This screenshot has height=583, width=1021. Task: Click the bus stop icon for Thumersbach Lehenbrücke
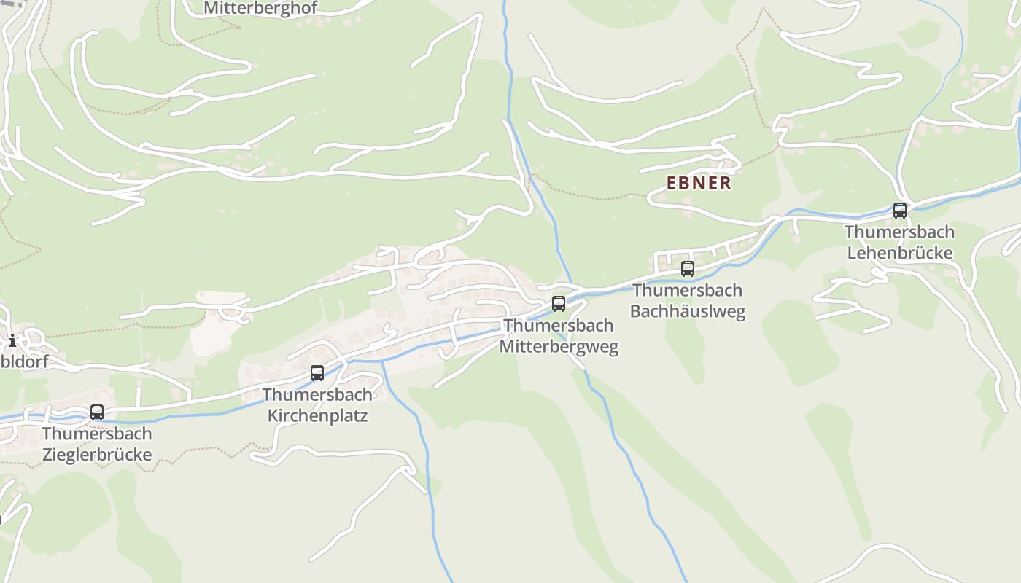coord(900,211)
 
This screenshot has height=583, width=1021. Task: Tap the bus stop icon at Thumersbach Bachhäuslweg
coord(688,269)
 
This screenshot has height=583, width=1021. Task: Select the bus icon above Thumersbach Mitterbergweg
coord(559,304)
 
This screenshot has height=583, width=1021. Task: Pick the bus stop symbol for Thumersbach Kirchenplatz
coord(317,373)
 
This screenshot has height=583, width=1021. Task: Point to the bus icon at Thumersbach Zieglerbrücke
coord(97,412)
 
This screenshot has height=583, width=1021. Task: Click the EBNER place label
coord(699,183)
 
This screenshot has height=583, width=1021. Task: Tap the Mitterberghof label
coord(260,8)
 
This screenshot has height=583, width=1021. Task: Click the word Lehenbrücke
coord(898,253)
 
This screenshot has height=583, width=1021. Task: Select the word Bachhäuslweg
coord(688,311)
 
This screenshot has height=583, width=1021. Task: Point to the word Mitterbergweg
coord(559,346)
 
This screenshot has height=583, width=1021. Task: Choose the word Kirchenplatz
coord(317,415)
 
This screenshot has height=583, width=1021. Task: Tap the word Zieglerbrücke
coord(97,455)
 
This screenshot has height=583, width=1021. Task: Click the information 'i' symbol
coord(12,340)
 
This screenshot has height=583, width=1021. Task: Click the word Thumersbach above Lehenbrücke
coord(898,232)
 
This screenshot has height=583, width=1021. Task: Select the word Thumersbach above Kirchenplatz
coord(317,394)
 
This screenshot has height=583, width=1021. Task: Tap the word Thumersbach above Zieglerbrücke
coord(97,434)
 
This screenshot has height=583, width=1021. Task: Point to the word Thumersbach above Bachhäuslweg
coord(688,290)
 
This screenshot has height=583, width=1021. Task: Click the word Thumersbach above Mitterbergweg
coord(559,325)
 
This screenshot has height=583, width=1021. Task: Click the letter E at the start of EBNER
coord(672,183)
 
